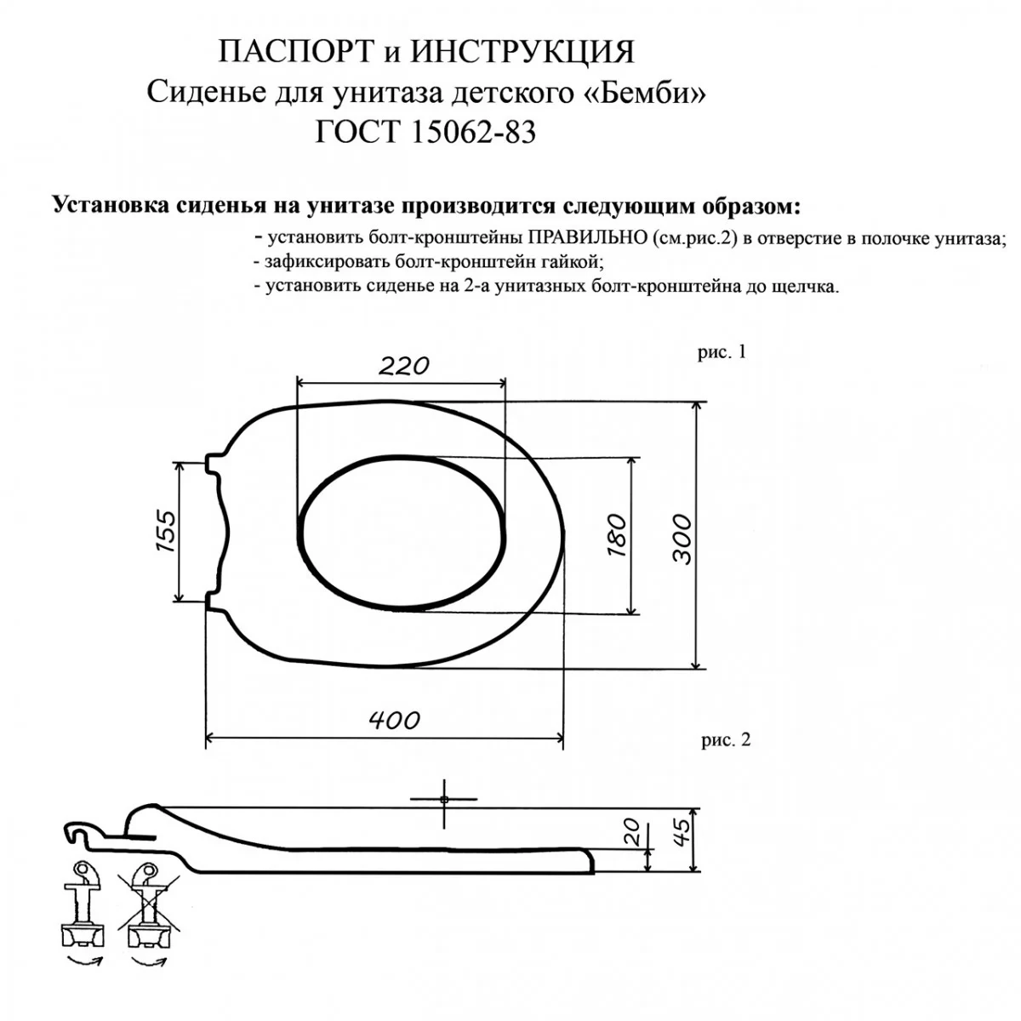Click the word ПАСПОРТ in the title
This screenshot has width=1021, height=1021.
pos(294,53)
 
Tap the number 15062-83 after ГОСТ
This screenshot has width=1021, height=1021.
pos(473,132)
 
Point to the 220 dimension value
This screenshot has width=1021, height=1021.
pos(404,366)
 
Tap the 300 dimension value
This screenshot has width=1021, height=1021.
pos(682,539)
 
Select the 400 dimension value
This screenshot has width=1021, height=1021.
pos(394,720)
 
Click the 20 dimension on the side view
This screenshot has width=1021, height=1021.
pos(633,832)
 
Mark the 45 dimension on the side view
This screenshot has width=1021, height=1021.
pos(681,832)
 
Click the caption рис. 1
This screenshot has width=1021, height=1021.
pos(722,351)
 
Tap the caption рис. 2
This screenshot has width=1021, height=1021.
pos(726,739)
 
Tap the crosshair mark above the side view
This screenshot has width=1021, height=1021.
pos(444,799)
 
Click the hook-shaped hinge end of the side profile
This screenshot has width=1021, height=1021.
pos(79,832)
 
